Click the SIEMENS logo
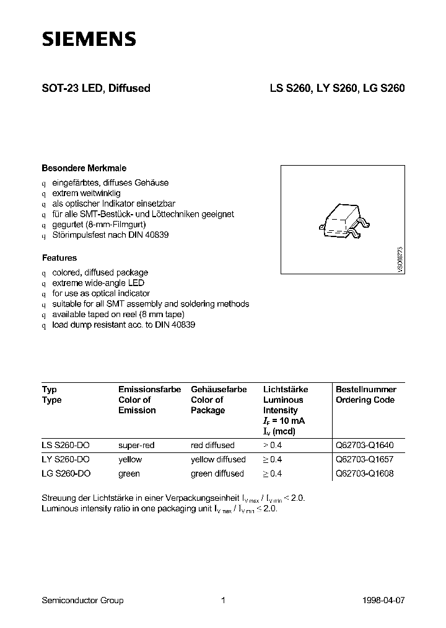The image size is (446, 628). tap(89, 39)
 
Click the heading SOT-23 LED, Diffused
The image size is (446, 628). tap(95, 88)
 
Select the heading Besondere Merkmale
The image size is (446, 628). tap(84, 168)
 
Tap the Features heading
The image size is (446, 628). tap(59, 258)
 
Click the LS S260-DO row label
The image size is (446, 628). tap(66, 445)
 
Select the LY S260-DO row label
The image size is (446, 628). tap(66, 459)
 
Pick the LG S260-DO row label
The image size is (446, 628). tap(66, 473)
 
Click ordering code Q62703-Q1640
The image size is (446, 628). tap(364, 445)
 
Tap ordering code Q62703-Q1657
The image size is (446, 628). tap(364, 459)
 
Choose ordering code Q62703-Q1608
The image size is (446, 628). tap(364, 473)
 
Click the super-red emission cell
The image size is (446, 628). tap(136, 445)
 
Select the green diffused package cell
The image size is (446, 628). tap(217, 473)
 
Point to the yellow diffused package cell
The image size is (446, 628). tap(218, 459)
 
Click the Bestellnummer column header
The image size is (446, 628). tap(365, 389)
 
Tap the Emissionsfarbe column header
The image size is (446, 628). tap(149, 389)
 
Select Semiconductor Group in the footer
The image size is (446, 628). tap(82, 600)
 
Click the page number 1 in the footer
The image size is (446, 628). tap(222, 600)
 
